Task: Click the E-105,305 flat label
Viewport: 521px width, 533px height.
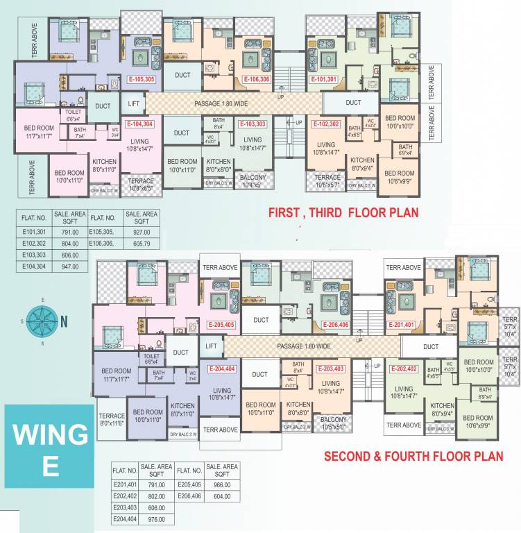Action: click(141, 80)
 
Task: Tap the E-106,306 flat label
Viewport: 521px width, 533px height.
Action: click(256, 80)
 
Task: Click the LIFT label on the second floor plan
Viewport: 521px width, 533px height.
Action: click(212, 346)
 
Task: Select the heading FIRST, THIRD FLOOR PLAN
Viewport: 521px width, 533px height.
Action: click(343, 212)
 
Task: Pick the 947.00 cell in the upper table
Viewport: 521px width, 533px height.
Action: click(70, 266)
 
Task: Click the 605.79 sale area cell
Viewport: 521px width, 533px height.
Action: click(142, 244)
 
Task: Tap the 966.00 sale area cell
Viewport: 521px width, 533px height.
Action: click(222, 484)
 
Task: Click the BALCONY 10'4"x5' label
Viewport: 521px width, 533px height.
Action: click(253, 180)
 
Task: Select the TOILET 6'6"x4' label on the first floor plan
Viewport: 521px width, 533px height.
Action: click(74, 115)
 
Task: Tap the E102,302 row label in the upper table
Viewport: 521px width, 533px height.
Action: click(34, 244)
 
